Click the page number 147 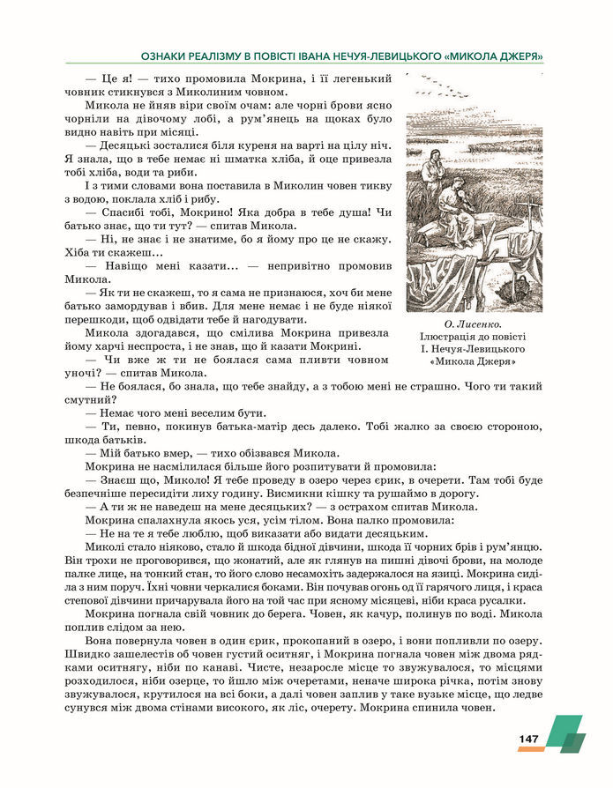pyautogui.click(x=527, y=737)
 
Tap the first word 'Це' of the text pyautogui.click(x=111, y=78)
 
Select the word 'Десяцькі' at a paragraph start pyautogui.click(x=132, y=145)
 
